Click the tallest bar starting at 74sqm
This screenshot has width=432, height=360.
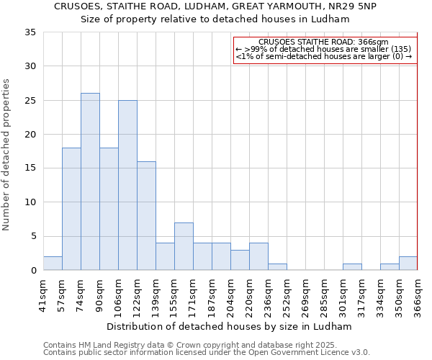point(90,181)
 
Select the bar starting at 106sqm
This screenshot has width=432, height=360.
point(127,185)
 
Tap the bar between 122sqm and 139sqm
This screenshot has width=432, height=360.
point(146,215)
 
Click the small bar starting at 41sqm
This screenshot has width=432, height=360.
point(53,264)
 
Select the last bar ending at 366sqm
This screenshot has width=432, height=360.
point(408,264)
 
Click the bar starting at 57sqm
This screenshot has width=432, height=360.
point(71,209)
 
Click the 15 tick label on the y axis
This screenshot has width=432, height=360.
point(30,168)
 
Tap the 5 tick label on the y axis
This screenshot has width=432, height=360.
point(33,236)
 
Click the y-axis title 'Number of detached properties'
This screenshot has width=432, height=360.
point(7,155)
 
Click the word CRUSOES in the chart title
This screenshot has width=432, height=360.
point(79,6)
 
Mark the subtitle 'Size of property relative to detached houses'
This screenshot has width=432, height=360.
point(215,19)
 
